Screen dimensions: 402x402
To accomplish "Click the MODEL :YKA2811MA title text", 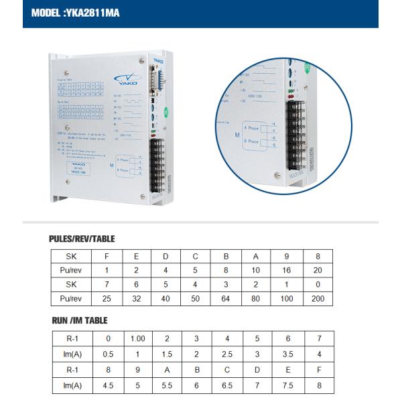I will click(75, 13).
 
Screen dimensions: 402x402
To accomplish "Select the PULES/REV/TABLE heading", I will click(82, 239).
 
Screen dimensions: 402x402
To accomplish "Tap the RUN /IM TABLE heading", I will click(80, 320).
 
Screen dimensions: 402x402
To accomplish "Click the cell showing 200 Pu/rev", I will click(318, 299).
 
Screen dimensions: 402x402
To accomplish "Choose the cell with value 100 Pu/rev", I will click(287, 299).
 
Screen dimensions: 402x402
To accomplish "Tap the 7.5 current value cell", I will click(287, 386).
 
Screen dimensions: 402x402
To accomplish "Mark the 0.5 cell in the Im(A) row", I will click(108, 354).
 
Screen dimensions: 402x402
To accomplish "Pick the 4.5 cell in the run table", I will click(108, 386).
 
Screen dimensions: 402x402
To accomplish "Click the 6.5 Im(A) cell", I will click(228, 386).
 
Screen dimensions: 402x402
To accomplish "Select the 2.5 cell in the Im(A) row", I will click(228, 354).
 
